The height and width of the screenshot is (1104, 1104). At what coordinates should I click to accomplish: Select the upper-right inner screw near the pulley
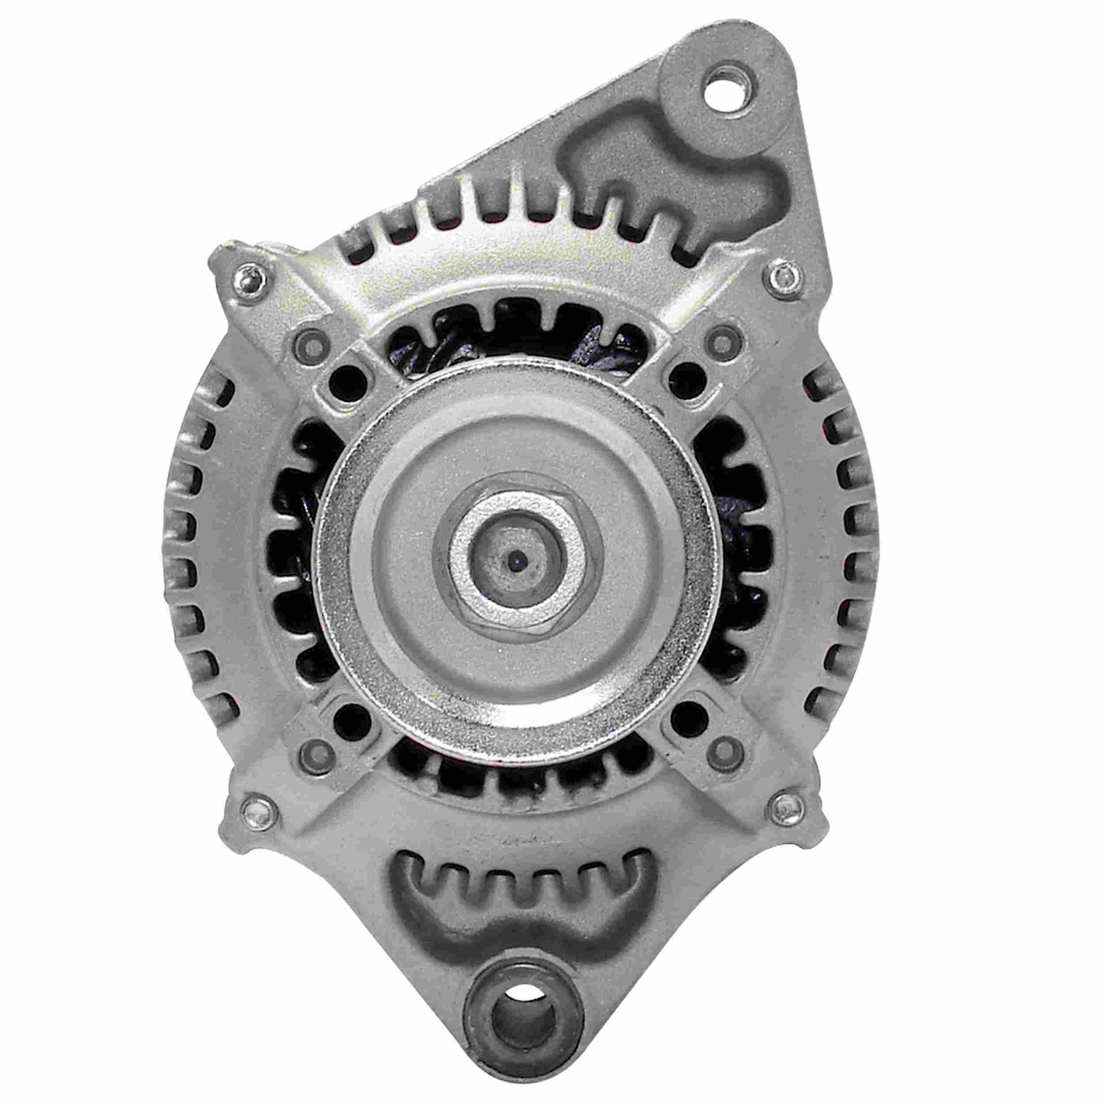click(721, 342)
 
